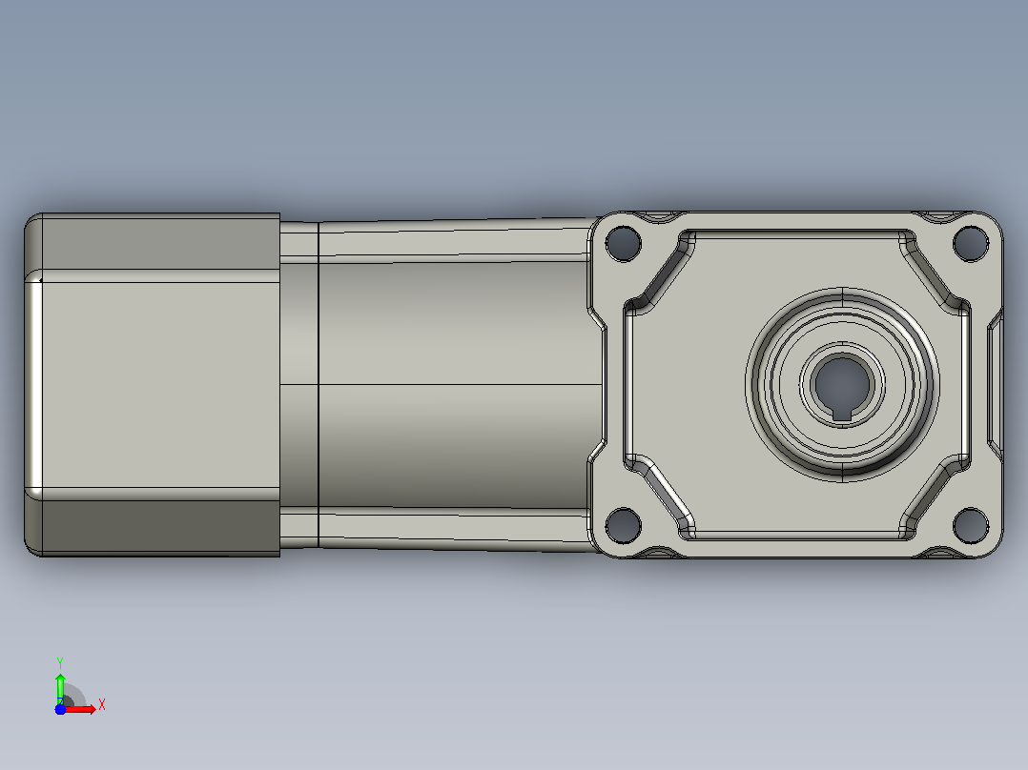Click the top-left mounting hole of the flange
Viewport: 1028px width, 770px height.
623,242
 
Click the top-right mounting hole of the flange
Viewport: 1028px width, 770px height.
971,242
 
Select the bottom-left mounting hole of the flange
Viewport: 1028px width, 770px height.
623,525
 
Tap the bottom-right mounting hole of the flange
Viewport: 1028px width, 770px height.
971,525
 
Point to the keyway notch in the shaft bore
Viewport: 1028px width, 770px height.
842,414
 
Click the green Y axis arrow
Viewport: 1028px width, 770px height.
60,688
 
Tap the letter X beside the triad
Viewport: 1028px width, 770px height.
102,705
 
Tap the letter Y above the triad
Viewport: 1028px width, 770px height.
60,662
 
